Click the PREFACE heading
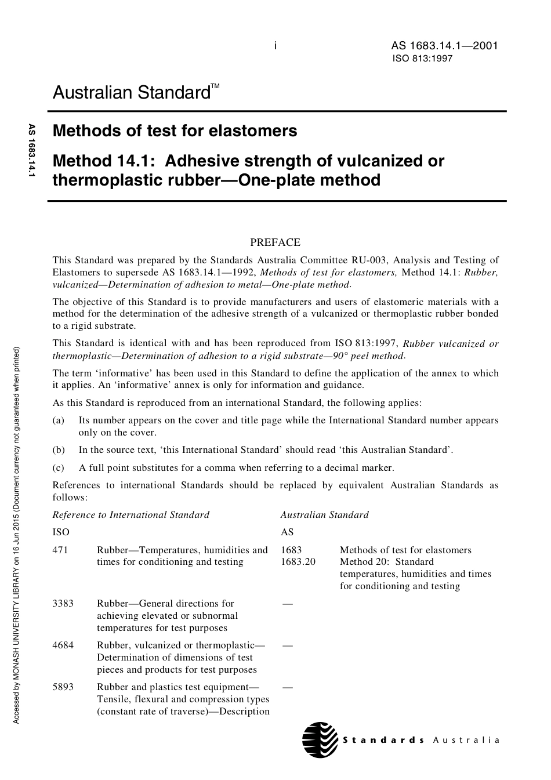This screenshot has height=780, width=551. [275, 242]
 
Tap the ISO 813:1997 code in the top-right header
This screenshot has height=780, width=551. [422, 59]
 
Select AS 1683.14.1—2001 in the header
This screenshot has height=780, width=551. [444, 46]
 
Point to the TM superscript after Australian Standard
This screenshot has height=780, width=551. [215, 86]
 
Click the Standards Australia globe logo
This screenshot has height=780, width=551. [320, 740]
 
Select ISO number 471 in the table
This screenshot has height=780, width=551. [60, 550]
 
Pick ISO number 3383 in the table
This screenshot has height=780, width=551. [63, 603]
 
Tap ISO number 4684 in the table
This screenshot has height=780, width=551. [63, 645]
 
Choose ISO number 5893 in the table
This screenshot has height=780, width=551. [63, 687]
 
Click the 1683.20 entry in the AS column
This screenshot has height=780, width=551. [298, 561]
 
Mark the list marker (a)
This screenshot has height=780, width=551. [59, 420]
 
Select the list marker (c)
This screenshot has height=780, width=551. [59, 467]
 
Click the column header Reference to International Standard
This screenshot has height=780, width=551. [131, 514]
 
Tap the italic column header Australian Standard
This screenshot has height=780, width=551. [324, 514]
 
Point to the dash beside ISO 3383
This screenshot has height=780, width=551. [287, 603]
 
